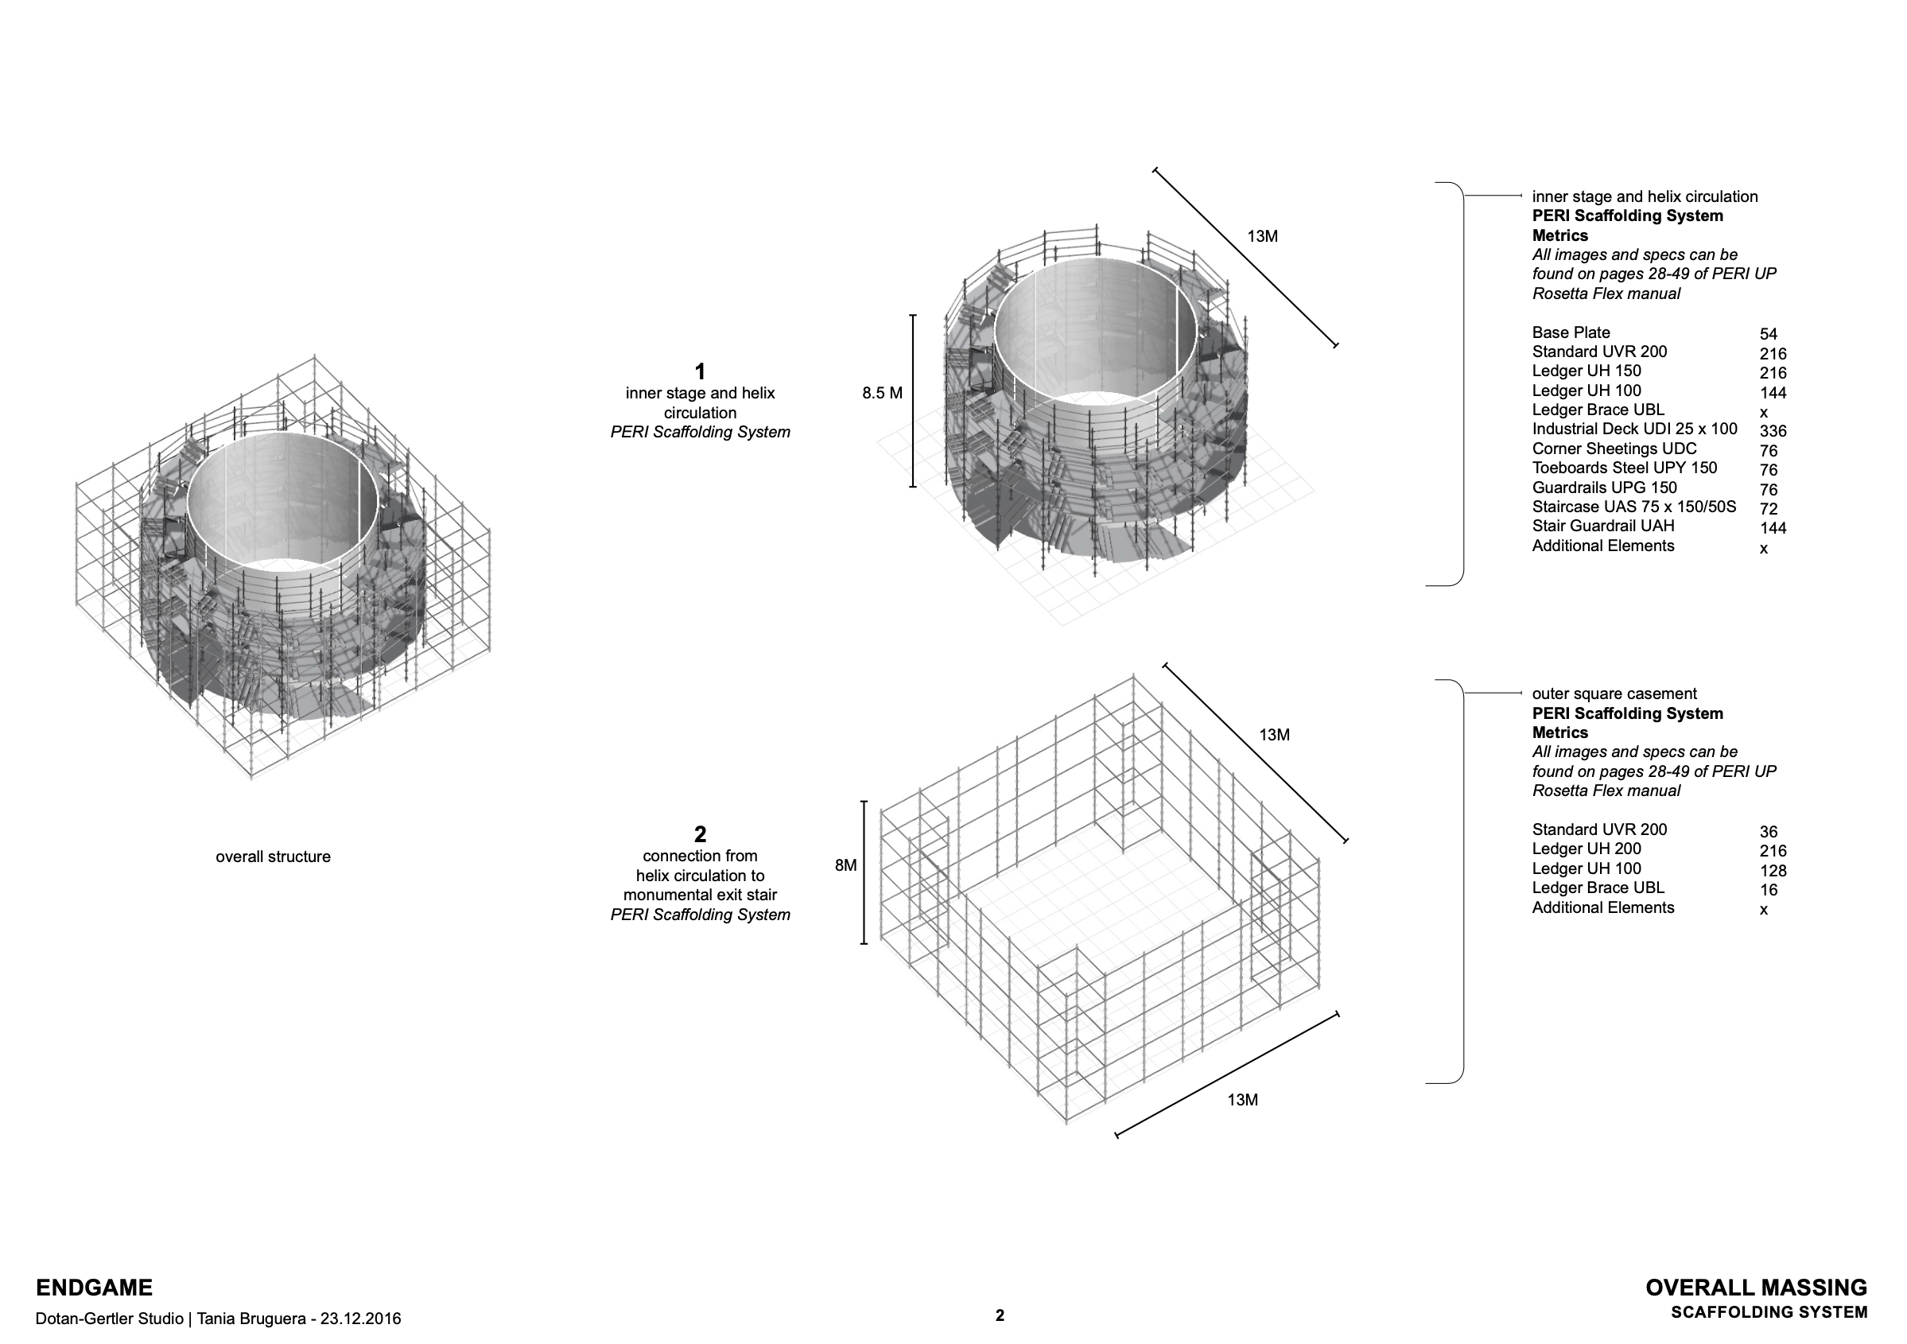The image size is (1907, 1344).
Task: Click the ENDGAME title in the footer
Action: (x=94, y=1288)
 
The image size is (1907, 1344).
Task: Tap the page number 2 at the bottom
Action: (x=999, y=1315)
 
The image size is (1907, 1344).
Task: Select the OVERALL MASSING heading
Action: (x=1756, y=1288)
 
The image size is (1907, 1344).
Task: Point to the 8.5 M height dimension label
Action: (x=882, y=393)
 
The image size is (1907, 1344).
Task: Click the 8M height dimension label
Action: (x=845, y=865)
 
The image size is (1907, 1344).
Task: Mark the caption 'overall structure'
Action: (x=273, y=857)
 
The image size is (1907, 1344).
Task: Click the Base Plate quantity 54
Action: (x=1769, y=334)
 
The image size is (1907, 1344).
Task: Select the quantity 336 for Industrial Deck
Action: (x=1773, y=431)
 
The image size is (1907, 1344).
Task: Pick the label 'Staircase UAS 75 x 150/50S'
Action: (x=1633, y=507)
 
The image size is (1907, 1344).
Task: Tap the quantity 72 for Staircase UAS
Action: (x=1769, y=508)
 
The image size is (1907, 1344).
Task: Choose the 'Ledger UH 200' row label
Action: (x=1587, y=849)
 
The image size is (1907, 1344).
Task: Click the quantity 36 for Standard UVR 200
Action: (x=1769, y=832)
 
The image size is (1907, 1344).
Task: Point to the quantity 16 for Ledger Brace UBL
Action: (x=1769, y=890)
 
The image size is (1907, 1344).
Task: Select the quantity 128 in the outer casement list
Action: (x=1773, y=871)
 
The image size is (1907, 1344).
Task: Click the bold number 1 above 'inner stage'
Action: (x=699, y=371)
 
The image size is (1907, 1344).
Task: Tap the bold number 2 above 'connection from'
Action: (x=699, y=834)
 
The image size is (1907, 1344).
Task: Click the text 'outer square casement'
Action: (x=1614, y=693)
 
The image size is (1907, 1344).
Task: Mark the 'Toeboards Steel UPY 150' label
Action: (x=1624, y=468)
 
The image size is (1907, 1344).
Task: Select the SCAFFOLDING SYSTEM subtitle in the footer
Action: (x=1769, y=1312)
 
